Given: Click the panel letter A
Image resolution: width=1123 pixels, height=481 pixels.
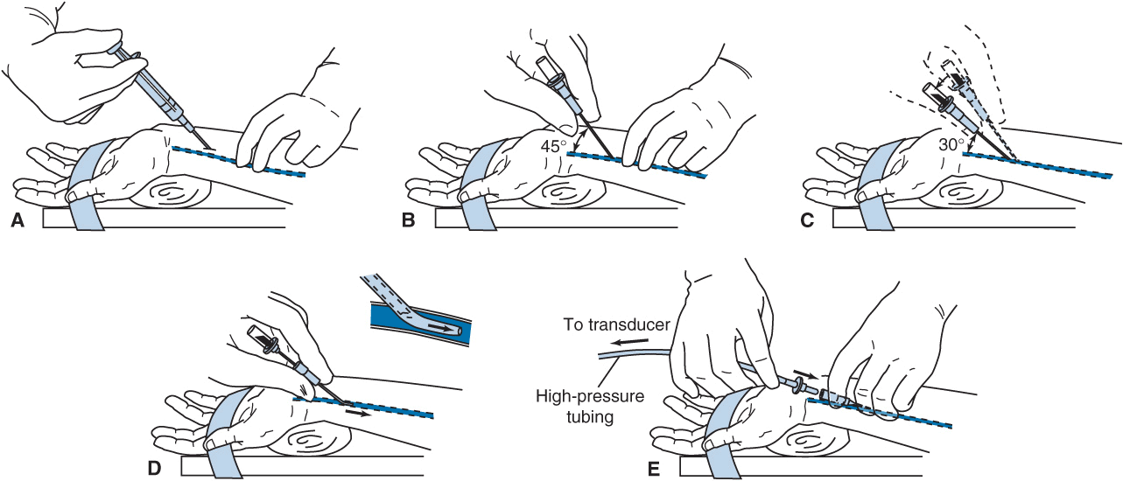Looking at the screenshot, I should [x=17, y=222].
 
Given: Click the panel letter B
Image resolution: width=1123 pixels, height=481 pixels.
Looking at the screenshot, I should [x=408, y=222].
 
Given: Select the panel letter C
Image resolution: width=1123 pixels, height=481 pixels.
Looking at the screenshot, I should [x=807, y=222].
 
